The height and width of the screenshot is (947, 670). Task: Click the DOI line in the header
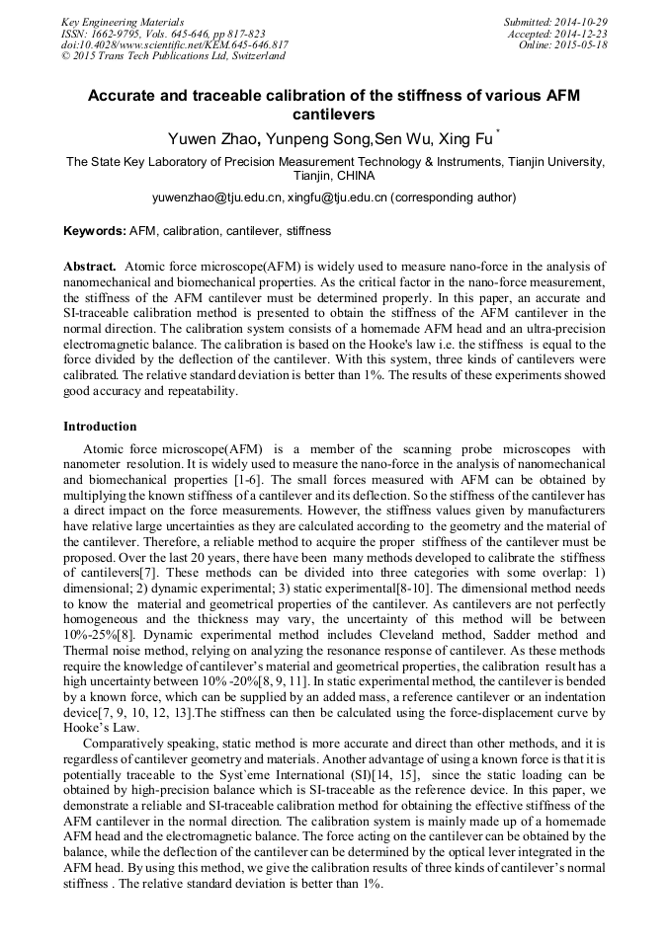point(175,45)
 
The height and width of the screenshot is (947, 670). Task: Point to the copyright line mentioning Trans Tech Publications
point(174,56)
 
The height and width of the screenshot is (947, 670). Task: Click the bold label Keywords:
point(95,231)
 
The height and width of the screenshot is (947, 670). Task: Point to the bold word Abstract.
point(90,268)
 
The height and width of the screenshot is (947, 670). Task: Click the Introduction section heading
point(100,427)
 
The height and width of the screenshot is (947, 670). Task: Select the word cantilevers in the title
point(334,115)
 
